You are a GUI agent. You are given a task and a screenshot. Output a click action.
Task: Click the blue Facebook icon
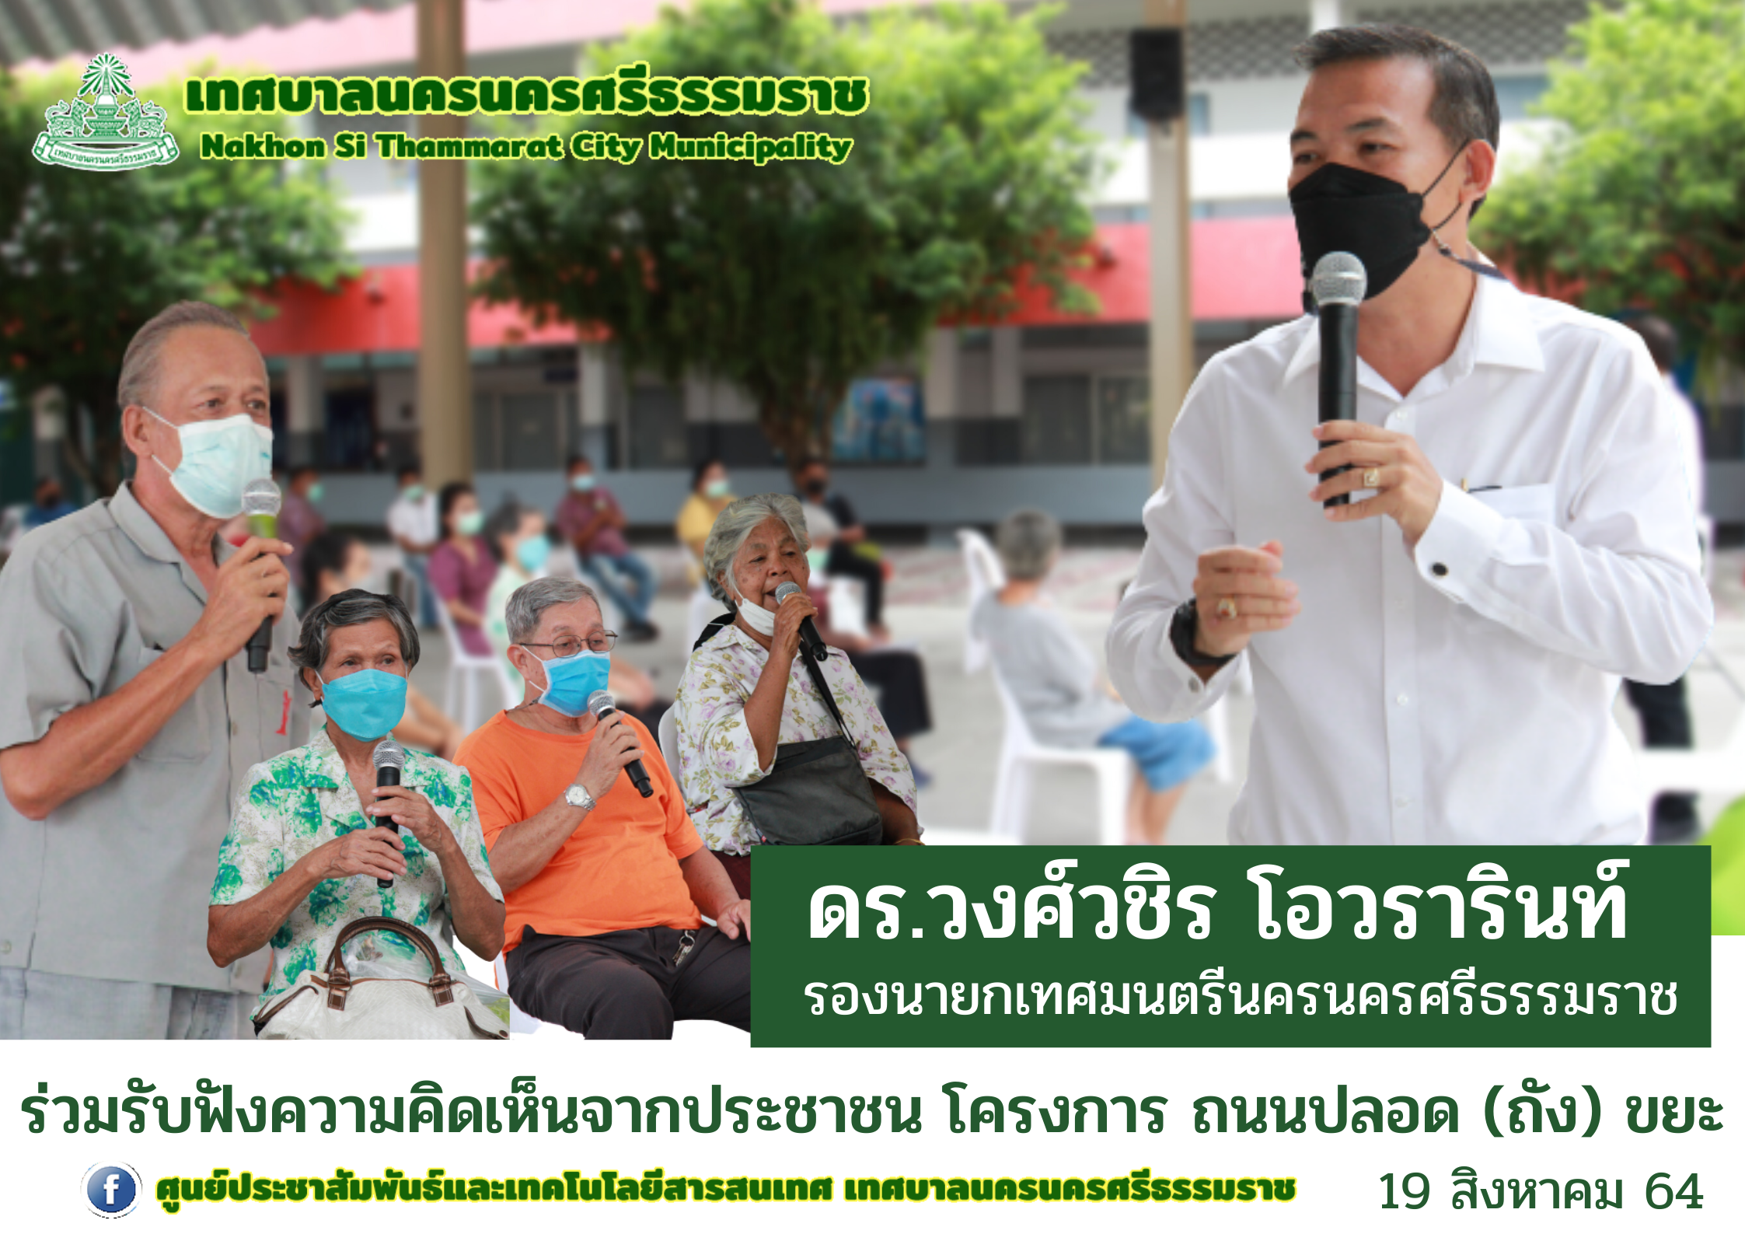(111, 1190)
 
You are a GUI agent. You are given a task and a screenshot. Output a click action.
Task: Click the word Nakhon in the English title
(263, 146)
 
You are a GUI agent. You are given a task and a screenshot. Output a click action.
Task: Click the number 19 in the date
(1404, 1192)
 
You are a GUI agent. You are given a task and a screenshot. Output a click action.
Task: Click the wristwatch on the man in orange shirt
(579, 796)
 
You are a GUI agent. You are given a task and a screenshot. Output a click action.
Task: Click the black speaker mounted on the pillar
(1156, 75)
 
